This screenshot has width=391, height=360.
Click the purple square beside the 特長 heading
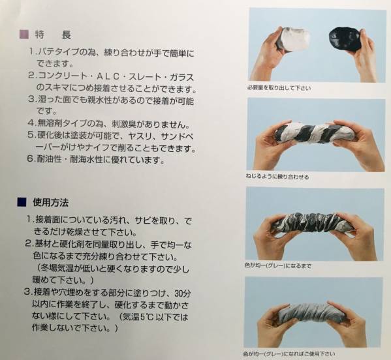[24, 34]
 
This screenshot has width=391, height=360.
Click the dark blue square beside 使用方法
[22, 202]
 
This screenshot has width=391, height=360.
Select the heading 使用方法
[51, 203]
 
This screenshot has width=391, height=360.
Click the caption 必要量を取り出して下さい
[279, 88]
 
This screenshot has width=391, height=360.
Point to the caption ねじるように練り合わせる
[277, 177]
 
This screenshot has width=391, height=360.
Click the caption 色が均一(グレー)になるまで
[278, 266]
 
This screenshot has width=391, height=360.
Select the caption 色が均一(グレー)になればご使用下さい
[289, 353]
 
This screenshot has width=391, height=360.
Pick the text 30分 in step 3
[182, 293]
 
